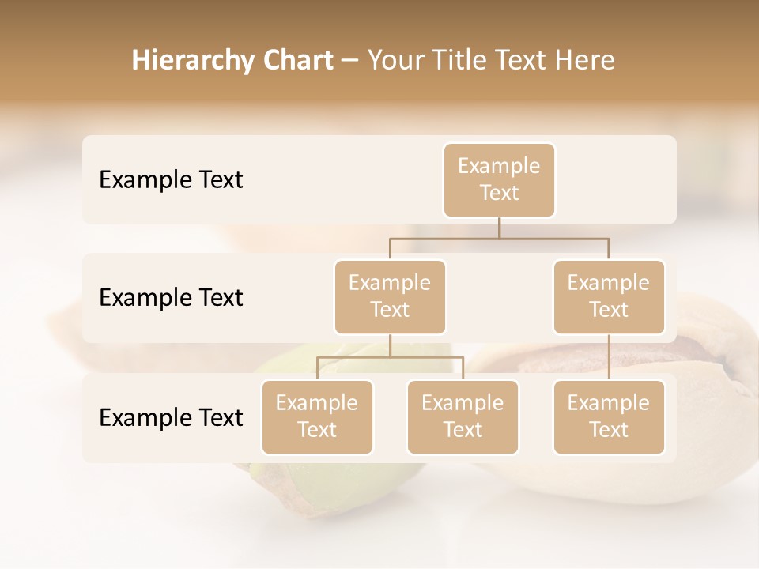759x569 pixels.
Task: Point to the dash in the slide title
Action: [349, 61]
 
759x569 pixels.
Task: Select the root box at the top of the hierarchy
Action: [499, 179]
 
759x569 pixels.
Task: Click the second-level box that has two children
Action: [390, 296]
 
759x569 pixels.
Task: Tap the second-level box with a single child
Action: [609, 296]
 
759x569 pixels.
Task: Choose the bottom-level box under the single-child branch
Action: [609, 416]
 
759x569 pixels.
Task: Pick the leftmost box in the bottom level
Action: [317, 416]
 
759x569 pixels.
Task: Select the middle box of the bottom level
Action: [463, 416]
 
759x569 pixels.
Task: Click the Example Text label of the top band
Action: [171, 179]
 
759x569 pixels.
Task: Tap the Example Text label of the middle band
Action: [171, 297]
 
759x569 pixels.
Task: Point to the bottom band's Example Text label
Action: [171, 417]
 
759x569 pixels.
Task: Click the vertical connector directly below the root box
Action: [499, 228]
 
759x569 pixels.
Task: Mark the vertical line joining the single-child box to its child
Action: [609, 357]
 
